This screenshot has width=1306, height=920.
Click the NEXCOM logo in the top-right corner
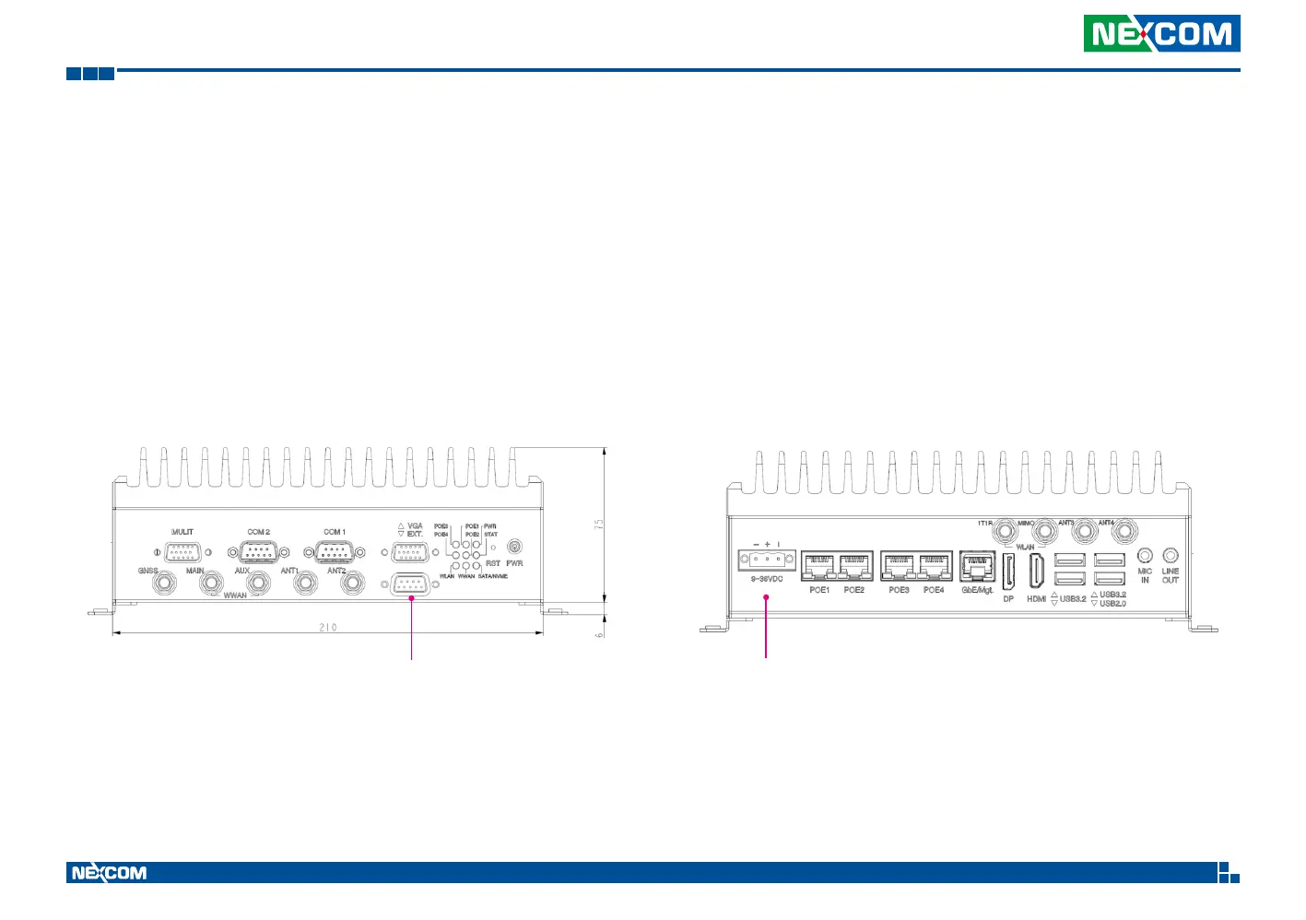tap(1161, 34)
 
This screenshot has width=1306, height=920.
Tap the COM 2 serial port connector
tap(259, 552)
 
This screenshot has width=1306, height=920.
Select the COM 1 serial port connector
tap(335, 552)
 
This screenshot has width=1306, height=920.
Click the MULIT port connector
tap(182, 552)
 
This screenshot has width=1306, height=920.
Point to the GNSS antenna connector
tap(165, 584)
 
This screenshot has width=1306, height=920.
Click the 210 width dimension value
tap(328, 628)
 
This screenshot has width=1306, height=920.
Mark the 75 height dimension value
tap(599, 524)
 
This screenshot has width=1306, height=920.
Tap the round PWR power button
tap(515, 548)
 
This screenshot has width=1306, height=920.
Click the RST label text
tap(493, 563)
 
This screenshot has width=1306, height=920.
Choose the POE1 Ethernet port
tap(818, 565)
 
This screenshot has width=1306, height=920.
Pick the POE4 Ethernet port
tap(935, 565)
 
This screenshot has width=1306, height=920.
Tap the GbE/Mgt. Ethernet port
tap(977, 565)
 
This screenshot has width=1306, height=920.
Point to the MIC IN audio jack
tap(1145, 555)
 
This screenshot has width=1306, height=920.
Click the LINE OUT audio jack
tap(1171, 555)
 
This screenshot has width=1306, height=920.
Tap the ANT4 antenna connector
tap(1124, 531)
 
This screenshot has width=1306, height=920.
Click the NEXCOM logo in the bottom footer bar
tap(109, 873)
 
